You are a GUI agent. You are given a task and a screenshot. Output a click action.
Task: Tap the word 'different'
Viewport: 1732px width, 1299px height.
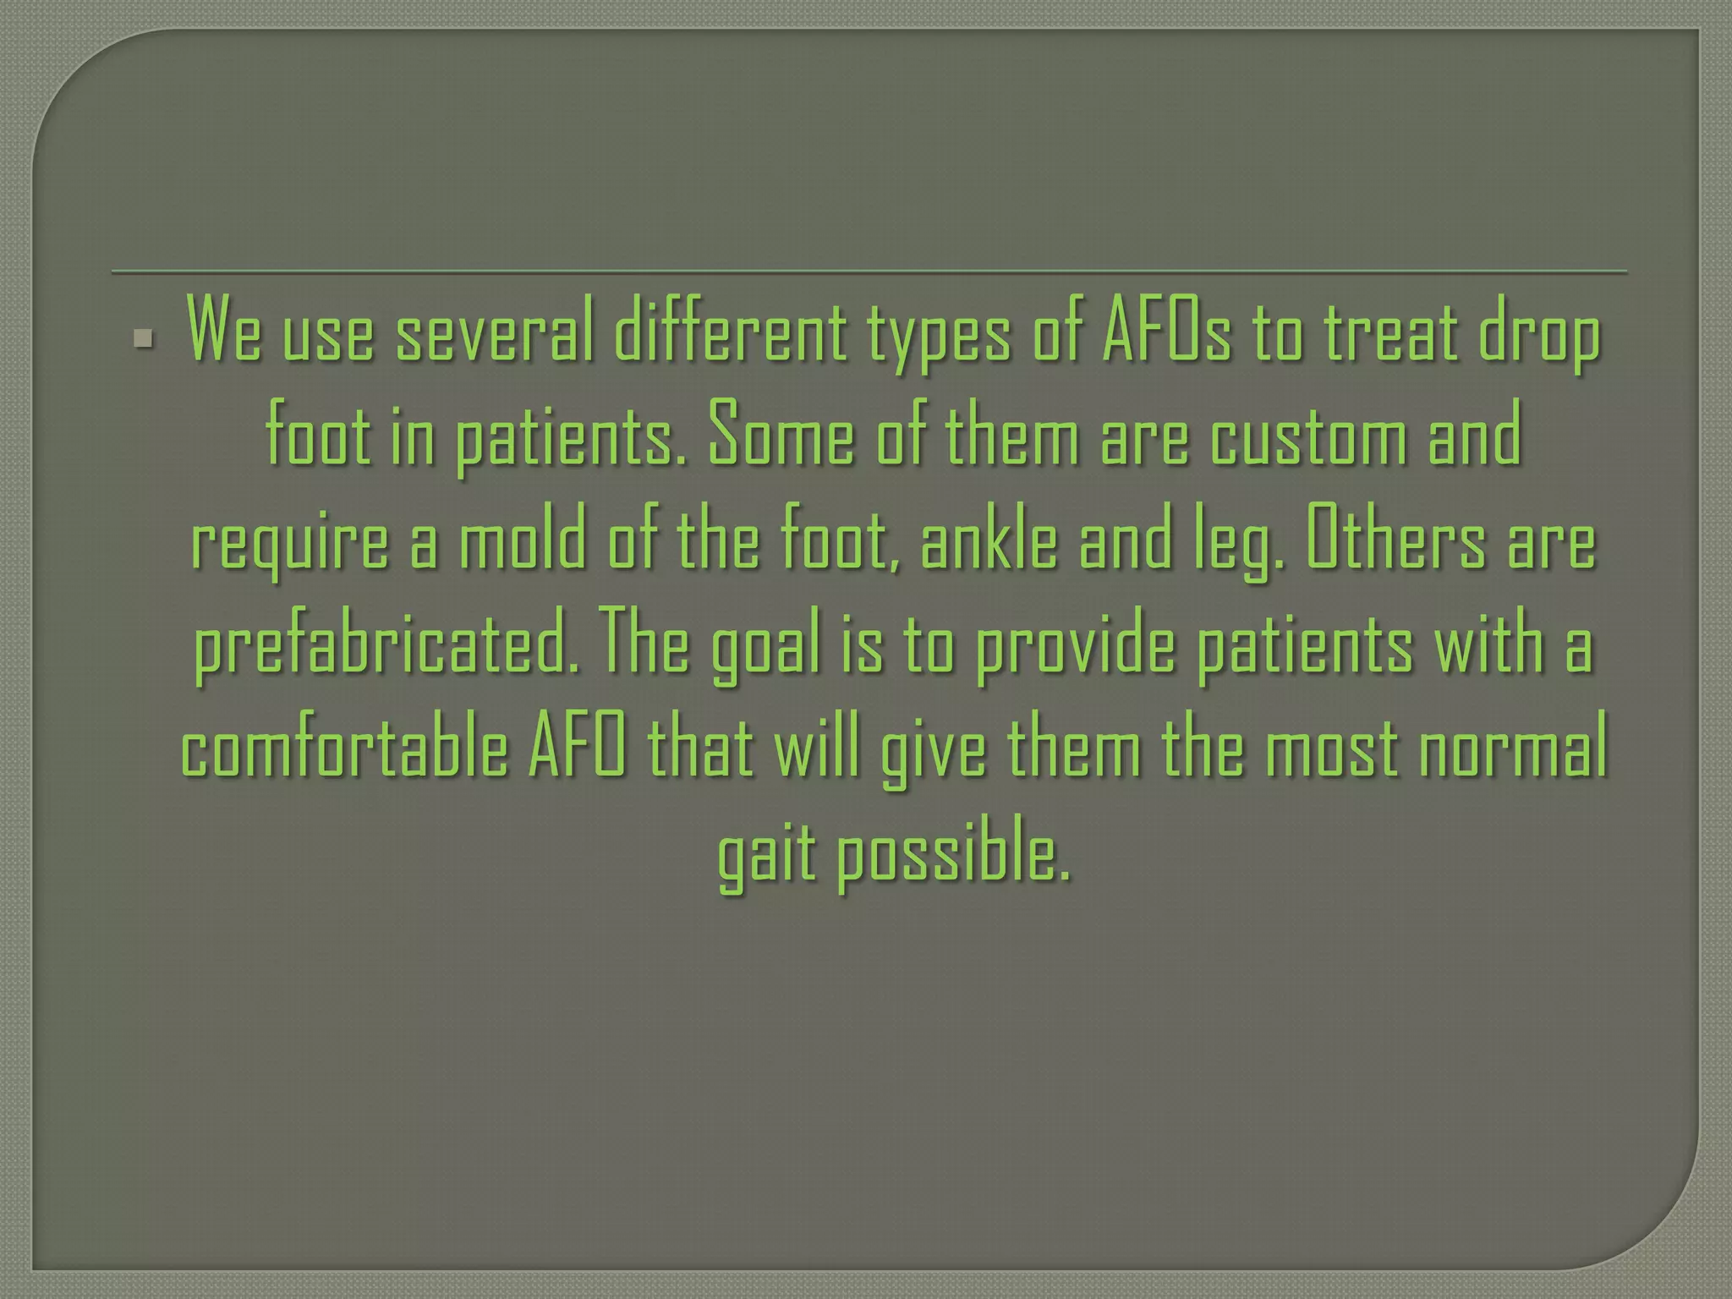coord(731,336)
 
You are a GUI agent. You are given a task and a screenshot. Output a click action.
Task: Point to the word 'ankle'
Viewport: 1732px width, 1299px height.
coord(989,543)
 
